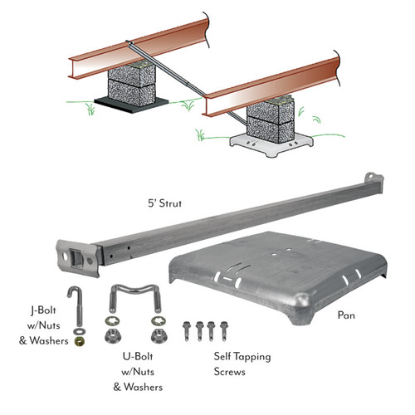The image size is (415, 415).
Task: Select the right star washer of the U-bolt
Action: click(x=154, y=321)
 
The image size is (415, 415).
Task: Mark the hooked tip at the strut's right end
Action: click(x=375, y=178)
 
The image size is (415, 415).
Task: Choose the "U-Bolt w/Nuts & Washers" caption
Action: click(x=137, y=370)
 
